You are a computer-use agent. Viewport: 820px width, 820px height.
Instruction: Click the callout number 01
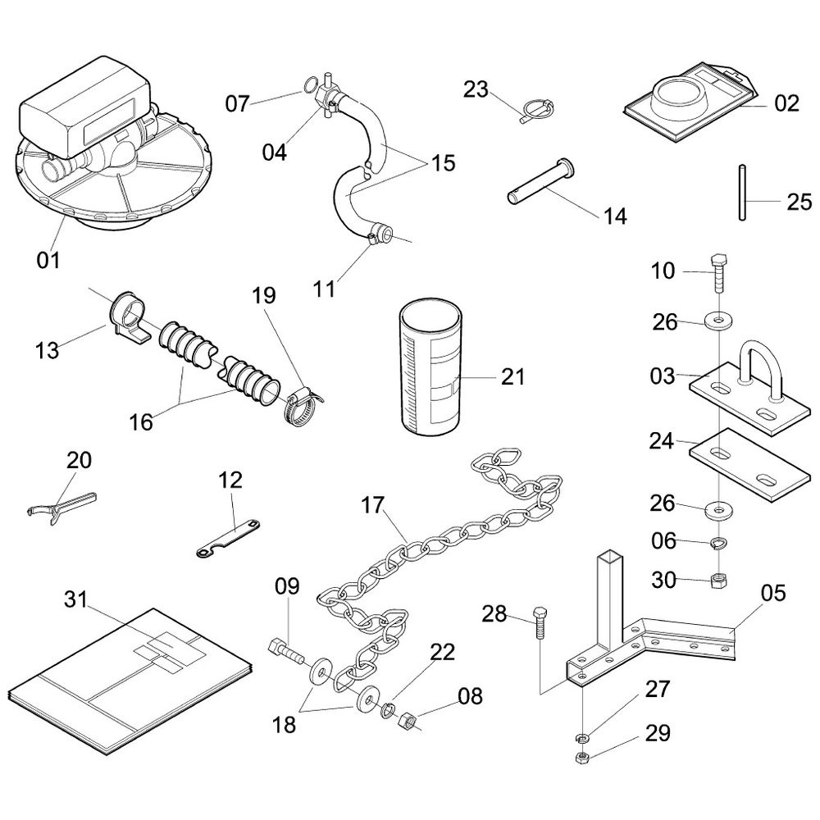pos(48,261)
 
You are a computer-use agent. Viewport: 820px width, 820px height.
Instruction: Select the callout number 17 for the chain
pos(373,506)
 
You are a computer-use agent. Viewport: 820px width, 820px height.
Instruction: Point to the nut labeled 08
pos(405,723)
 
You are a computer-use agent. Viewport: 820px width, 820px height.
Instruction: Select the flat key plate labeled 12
pos(231,538)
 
